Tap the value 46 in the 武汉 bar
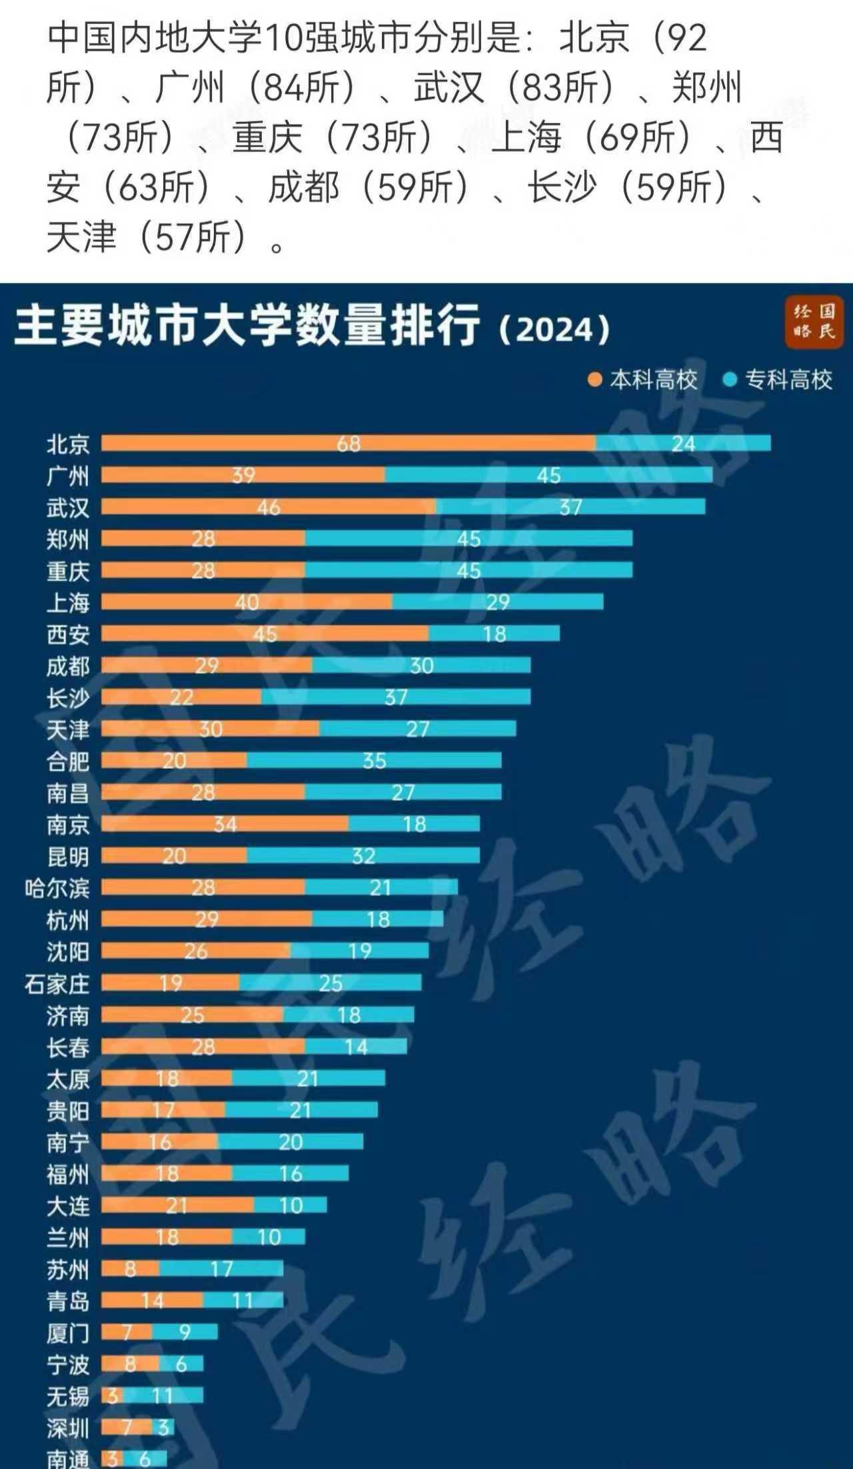[269, 507]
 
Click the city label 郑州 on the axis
[67, 539]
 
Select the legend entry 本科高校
[644, 380]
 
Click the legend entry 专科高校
[778, 380]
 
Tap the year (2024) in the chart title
[554, 329]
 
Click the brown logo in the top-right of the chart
[814, 322]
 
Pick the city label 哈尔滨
[57, 888]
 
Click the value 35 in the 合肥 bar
[374, 760]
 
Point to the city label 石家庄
[57, 983]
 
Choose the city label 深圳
[67, 1428]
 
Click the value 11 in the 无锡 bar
[162, 1395]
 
